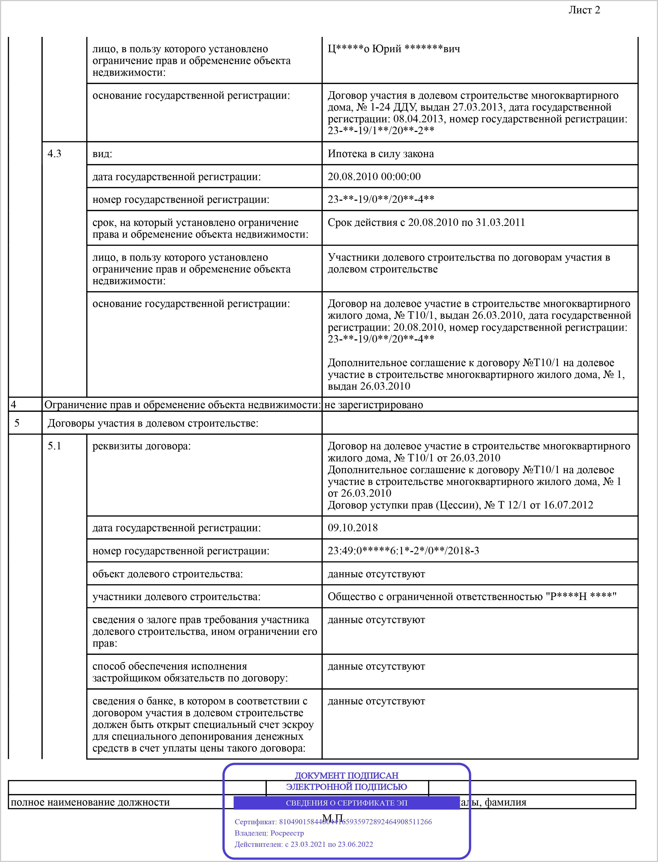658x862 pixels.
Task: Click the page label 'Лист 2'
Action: [x=584, y=10]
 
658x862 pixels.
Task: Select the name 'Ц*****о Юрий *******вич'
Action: [x=394, y=49]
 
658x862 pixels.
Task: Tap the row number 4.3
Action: [x=55, y=154]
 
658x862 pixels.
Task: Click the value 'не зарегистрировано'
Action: [x=373, y=405]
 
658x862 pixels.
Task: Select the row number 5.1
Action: [x=55, y=446]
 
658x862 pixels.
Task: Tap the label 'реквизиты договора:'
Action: [x=141, y=446]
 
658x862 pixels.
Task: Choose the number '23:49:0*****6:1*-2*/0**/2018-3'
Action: [x=403, y=550]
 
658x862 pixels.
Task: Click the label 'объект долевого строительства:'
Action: [x=167, y=574]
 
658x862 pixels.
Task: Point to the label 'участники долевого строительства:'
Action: [x=176, y=597]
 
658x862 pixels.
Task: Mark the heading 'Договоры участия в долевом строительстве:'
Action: [x=153, y=423]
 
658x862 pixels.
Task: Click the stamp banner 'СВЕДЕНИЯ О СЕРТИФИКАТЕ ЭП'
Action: [x=346, y=803]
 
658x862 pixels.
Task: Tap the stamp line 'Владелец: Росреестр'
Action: [x=269, y=833]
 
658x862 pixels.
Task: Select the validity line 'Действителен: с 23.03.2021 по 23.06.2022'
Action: [x=303, y=844]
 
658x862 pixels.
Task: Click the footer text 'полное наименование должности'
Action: [x=90, y=802]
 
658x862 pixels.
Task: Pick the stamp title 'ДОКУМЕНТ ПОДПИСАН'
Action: [x=346, y=775]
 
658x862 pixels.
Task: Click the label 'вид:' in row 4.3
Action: [x=102, y=154]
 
